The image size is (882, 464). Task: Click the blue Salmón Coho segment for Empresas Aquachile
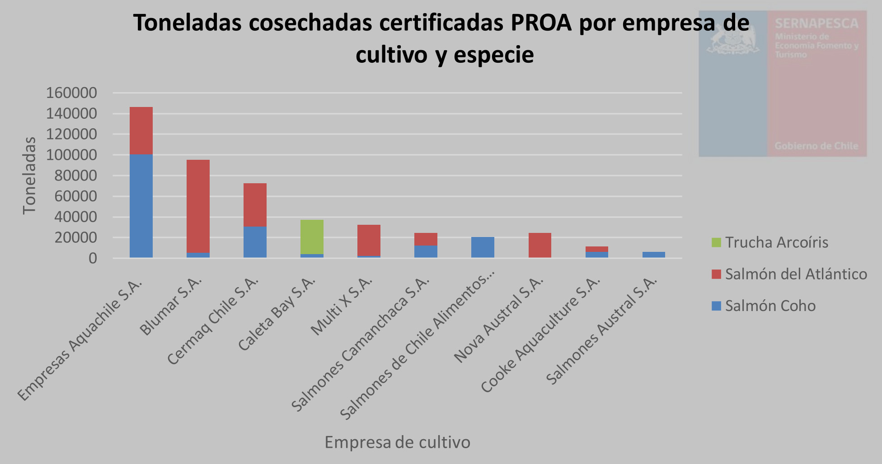tap(141, 206)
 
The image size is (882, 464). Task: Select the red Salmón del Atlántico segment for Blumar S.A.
tap(198, 206)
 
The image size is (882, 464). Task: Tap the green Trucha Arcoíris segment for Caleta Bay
tap(312, 237)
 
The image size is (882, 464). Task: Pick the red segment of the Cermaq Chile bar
tap(255, 204)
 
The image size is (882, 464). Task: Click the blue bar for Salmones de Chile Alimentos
tap(483, 247)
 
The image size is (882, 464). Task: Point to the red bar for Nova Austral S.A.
tap(540, 245)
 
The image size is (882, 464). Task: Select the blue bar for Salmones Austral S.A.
tap(653, 255)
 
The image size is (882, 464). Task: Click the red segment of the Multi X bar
tap(369, 240)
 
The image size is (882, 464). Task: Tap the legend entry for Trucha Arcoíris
tap(776, 242)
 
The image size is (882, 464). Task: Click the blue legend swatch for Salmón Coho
tap(716, 306)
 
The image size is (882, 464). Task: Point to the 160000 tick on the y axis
tap(71, 93)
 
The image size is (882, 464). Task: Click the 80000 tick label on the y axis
tap(75, 176)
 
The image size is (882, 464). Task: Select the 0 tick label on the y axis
tap(93, 258)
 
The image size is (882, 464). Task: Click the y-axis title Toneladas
tap(29, 176)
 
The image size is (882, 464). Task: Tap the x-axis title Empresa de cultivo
tap(397, 442)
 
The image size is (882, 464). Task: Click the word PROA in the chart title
tap(541, 23)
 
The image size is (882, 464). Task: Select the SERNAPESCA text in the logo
tap(816, 23)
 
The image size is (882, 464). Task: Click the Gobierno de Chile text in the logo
tap(816, 146)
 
